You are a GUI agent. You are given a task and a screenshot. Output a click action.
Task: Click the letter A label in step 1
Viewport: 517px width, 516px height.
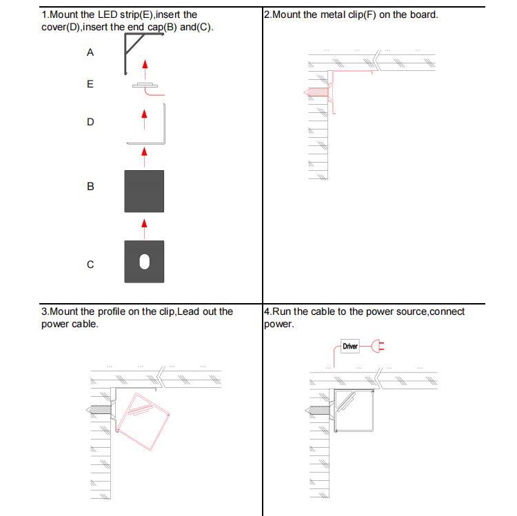tap(90, 52)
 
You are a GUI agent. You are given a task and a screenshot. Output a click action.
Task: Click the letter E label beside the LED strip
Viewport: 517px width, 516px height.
tap(90, 84)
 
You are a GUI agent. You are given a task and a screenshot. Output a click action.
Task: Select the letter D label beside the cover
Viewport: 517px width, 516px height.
tap(90, 122)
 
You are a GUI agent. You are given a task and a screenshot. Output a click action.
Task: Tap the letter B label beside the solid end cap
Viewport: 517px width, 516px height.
tap(90, 186)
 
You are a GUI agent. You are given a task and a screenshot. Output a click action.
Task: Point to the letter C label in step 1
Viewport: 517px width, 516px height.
tap(90, 265)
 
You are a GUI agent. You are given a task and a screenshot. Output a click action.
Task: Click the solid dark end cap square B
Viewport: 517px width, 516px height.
tap(144, 191)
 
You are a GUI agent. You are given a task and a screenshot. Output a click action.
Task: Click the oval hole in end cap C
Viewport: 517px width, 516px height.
tap(144, 262)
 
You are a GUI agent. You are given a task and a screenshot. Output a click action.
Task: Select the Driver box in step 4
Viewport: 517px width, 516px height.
tap(350, 346)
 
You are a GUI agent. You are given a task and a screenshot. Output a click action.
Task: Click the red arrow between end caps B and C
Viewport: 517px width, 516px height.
tap(144, 223)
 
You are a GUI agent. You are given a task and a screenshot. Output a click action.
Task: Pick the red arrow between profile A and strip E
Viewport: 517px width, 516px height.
tap(144, 65)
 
